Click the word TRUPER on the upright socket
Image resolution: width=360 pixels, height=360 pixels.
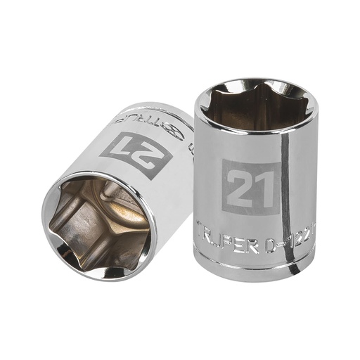229,230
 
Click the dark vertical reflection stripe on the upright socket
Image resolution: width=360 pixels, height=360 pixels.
284,183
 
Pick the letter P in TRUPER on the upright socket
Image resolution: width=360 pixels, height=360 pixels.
233,230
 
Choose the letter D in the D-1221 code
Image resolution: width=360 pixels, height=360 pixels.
271,230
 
